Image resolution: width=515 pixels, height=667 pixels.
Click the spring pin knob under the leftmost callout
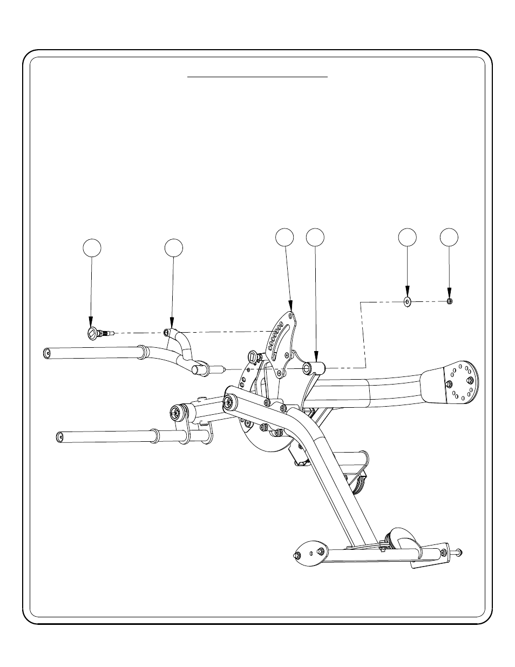[x=92, y=334]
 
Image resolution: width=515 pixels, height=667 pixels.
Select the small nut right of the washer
[x=450, y=301]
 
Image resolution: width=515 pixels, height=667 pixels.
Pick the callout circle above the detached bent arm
[x=173, y=247]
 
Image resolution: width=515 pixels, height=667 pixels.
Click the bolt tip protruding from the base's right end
[x=459, y=551]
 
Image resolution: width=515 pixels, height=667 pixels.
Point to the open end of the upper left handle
[x=47, y=353]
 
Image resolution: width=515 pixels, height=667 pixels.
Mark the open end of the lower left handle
[x=60, y=435]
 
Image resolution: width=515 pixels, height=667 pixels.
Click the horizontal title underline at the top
[x=257, y=77]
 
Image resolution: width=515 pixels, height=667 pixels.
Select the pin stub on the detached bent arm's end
[x=220, y=369]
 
